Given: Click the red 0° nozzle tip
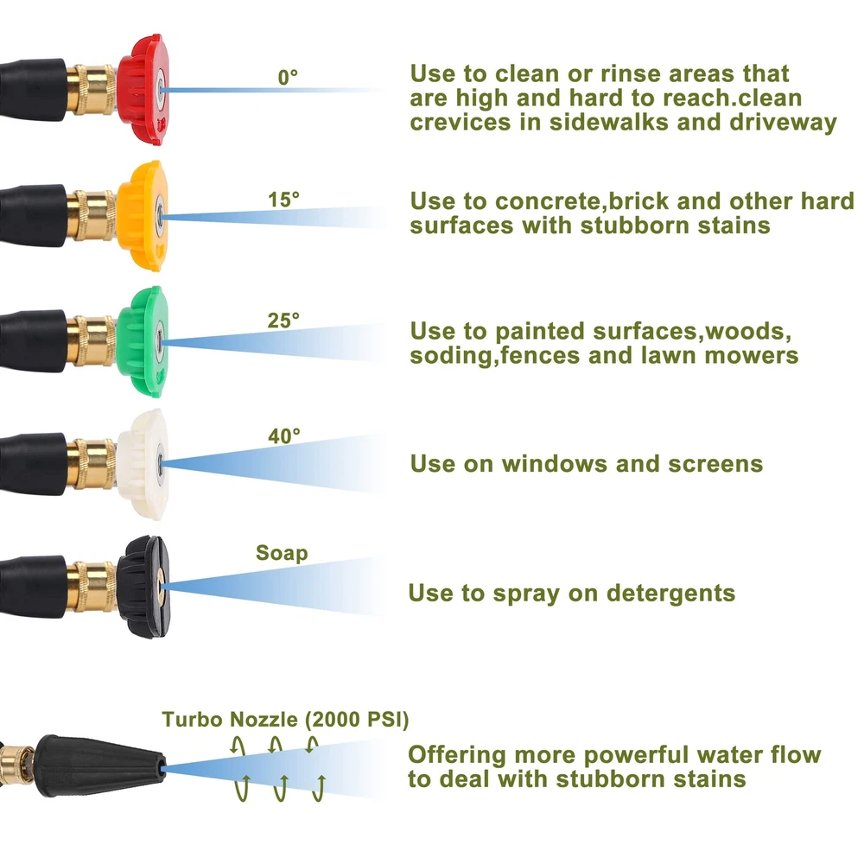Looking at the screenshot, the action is coord(143,89).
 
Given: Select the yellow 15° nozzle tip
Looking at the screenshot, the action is coord(143,215).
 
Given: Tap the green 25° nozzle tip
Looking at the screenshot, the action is coord(143,341).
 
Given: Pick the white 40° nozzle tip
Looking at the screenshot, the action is coord(143,465).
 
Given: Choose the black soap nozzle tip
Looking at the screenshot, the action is coord(143,587).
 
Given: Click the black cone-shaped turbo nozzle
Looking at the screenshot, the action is coord(100,766).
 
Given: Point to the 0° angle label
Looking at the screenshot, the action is coord(288,77).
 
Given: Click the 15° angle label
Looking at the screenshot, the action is coord(283,200).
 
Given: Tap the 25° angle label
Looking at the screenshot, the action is coord(283,321).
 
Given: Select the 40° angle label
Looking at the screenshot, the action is coord(284,435).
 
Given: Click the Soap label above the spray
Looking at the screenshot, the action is coord(282,553).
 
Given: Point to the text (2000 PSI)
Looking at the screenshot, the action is coord(357,720).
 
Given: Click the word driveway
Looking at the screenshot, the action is coord(783,123).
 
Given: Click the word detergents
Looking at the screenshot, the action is coord(670,594).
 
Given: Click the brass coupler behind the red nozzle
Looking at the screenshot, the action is coord(92,90).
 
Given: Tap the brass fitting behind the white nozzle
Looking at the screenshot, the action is coord(92,464).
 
